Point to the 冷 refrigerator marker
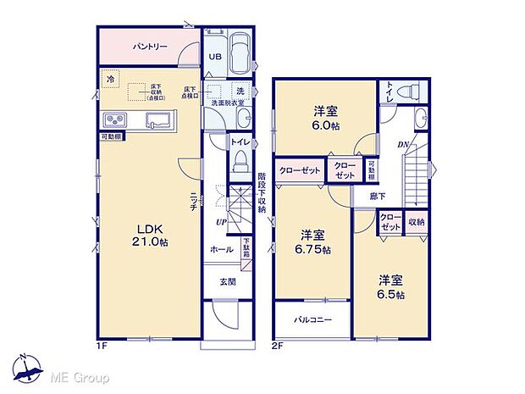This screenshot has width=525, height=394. [x=109, y=80]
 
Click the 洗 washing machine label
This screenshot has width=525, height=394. [x=240, y=91]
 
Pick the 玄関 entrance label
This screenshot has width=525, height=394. [x=229, y=281]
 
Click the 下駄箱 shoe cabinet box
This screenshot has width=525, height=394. [x=246, y=253]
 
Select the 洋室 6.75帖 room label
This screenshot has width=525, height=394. [x=313, y=242]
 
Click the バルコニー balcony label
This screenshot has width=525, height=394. [x=312, y=320]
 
